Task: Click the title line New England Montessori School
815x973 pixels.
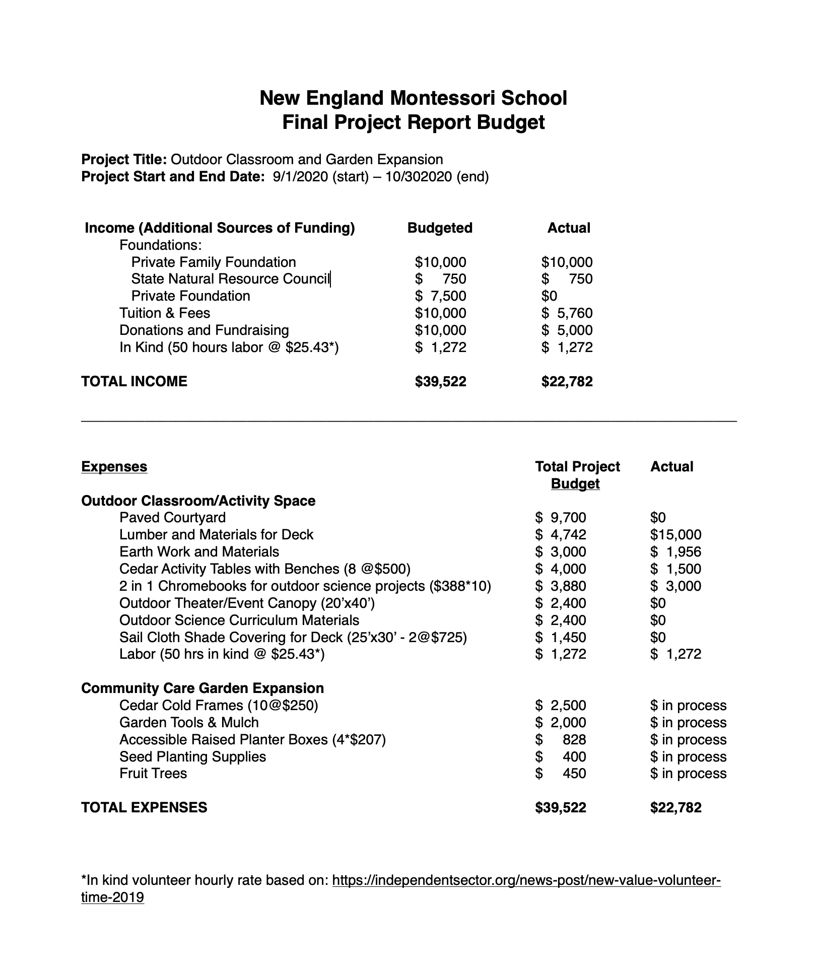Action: (413, 98)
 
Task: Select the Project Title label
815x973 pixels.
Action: (124, 160)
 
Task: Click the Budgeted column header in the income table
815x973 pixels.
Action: (440, 228)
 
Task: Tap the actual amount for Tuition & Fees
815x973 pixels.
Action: (567, 313)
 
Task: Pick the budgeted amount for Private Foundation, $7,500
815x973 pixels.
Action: (441, 296)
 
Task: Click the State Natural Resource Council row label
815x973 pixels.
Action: (230, 279)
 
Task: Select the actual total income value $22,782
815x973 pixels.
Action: (567, 382)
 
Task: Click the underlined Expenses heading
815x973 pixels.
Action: (114, 467)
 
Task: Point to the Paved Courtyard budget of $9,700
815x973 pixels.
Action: (561, 518)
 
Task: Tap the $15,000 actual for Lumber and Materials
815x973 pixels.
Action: (675, 535)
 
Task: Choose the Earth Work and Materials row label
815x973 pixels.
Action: (199, 552)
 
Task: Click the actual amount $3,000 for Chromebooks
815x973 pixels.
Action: (675, 586)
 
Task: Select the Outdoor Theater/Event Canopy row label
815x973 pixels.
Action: (247, 603)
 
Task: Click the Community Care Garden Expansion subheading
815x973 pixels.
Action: (202, 688)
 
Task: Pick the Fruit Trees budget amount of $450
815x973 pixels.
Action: (561, 774)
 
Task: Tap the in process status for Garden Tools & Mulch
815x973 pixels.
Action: (688, 723)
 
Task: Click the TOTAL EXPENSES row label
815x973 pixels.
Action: (144, 808)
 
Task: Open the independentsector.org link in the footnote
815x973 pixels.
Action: (526, 881)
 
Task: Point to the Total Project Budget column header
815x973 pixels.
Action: (577, 475)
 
